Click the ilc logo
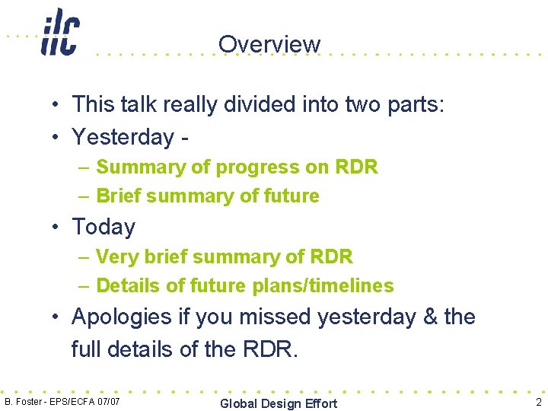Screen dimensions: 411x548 [59, 32]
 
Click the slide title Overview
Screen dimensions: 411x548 [269, 44]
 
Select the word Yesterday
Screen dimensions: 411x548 [123, 137]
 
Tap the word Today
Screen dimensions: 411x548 [103, 227]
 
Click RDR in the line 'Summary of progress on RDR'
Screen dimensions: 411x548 [355, 167]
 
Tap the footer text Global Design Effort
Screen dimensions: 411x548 [278, 403]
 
